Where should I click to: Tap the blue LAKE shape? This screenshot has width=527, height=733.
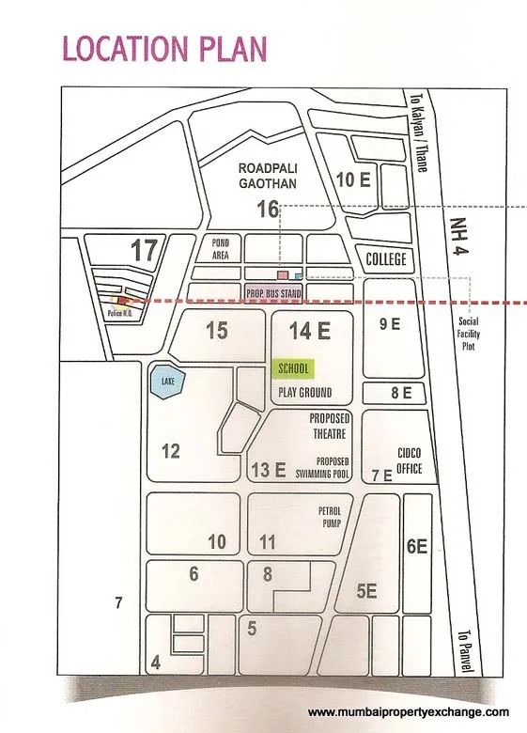167,382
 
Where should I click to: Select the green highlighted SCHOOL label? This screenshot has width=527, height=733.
293,369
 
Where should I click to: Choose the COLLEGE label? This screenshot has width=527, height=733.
385,259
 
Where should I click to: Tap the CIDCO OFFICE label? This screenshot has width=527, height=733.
410,461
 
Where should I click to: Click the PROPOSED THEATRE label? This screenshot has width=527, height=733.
328,427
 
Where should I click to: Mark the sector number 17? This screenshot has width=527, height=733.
144,251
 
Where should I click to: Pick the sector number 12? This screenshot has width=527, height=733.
170,452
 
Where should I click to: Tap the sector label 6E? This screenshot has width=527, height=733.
417,546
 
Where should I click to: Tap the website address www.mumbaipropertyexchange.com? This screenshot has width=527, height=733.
409,711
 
